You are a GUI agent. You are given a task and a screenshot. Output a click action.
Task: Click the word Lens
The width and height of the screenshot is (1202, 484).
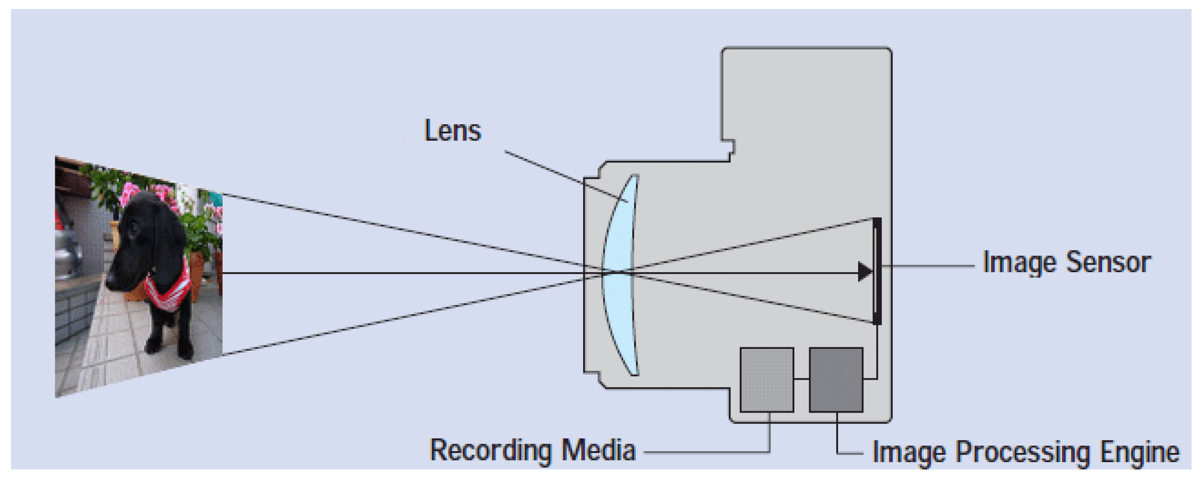452,130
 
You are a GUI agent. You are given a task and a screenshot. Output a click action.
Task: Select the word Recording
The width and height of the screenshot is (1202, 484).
490,450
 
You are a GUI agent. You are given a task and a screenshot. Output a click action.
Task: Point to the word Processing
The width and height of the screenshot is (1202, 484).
1023,452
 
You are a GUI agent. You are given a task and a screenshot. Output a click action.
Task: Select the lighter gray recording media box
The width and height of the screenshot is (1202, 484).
767,380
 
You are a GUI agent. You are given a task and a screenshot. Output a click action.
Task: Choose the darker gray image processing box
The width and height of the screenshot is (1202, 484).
836,380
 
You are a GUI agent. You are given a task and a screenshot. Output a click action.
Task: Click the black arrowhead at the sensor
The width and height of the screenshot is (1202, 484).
865,272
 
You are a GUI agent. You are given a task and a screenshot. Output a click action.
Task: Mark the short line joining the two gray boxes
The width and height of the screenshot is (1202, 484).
801,379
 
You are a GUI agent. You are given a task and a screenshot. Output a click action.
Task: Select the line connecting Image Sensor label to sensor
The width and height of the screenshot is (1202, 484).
928,266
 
